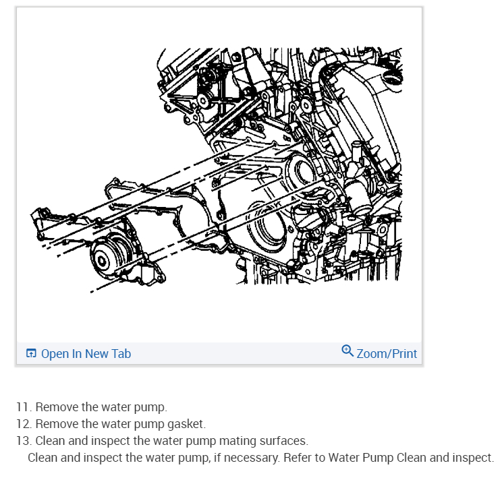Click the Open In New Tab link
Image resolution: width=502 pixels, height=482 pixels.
(86, 354)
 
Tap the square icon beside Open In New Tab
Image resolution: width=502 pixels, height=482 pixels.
(31, 353)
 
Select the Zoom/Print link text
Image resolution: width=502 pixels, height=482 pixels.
(387, 354)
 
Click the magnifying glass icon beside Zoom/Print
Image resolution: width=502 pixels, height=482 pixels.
(347, 351)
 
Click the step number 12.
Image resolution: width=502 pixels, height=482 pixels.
(24, 424)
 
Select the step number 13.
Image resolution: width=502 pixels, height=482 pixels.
(24, 441)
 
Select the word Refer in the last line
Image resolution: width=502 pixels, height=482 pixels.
(298, 458)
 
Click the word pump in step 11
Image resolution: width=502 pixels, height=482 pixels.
(150, 408)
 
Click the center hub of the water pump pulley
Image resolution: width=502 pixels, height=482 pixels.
(101, 261)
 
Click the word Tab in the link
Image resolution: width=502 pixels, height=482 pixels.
(121, 354)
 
